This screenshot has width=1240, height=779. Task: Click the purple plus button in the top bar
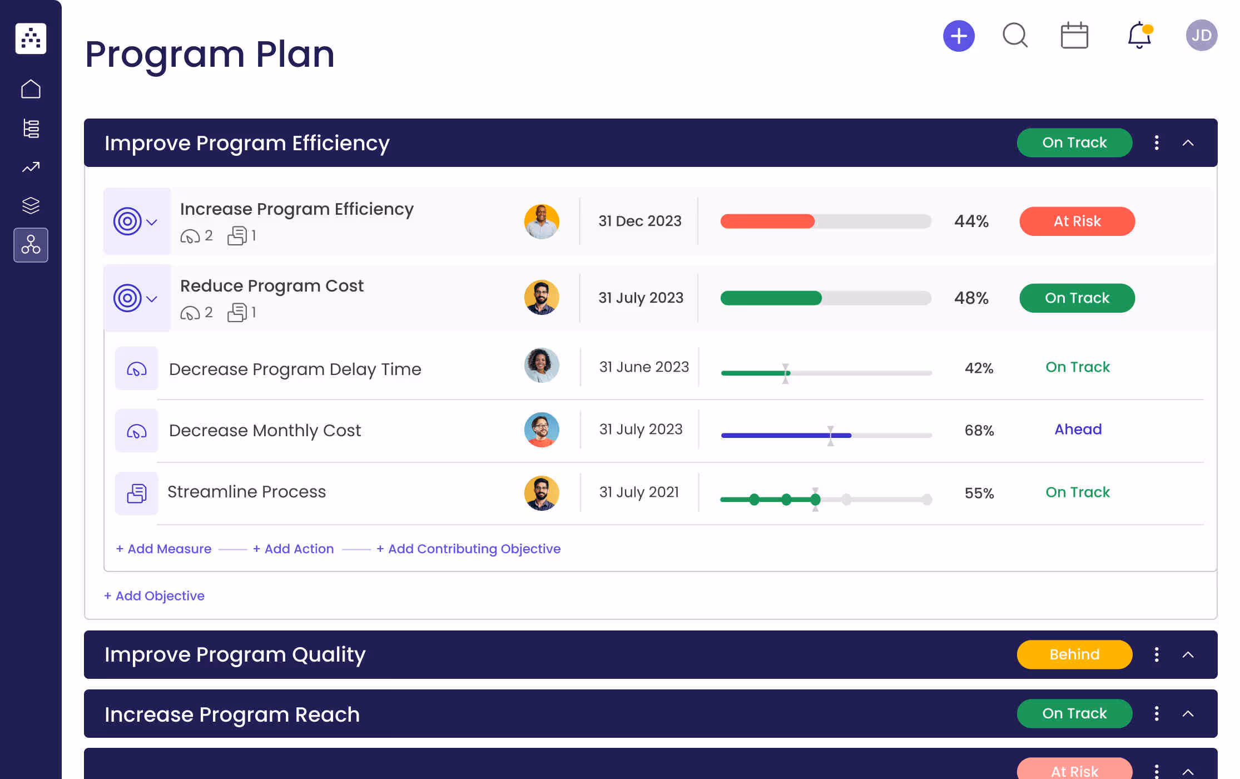[x=959, y=36]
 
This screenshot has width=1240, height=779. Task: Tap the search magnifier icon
[x=1015, y=36]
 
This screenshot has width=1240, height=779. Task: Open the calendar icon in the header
[x=1074, y=36]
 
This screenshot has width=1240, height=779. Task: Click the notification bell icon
[x=1139, y=36]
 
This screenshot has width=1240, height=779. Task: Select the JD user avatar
[x=1201, y=36]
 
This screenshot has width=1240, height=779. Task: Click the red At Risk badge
[x=1077, y=221]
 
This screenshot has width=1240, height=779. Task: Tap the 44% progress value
[x=971, y=221]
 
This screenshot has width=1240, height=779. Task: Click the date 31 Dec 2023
[x=639, y=221]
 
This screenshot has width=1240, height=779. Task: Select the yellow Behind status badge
[x=1074, y=654]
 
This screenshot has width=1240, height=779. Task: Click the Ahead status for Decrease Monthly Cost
[x=1078, y=430]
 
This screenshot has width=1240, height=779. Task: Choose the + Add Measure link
[x=163, y=549]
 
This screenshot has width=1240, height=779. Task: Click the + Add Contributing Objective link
[x=468, y=549]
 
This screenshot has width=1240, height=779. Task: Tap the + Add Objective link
[x=154, y=596]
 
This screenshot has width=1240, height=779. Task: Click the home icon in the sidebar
[x=31, y=89]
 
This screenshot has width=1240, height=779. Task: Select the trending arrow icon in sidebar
[x=31, y=167]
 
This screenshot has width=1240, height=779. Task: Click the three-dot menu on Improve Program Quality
[x=1157, y=654]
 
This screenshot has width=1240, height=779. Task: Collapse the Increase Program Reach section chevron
[x=1188, y=714]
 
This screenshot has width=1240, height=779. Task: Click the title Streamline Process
[x=246, y=492]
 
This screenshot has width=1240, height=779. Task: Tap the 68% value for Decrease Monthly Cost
[x=979, y=430]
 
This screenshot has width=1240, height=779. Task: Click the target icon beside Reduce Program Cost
[x=127, y=298]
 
